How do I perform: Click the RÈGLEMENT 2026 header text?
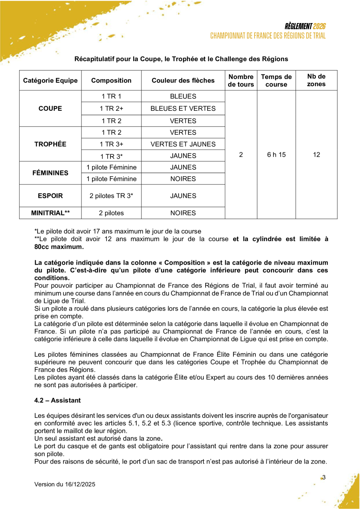pos(305,27)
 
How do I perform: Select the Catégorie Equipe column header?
pos(50,81)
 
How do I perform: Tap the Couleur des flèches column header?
pos(183,81)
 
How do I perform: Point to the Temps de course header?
pos(276,81)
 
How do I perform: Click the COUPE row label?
pos(50,108)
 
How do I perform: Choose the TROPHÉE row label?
pos(50,144)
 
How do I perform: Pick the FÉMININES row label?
pos(50,173)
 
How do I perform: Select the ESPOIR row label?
pos(50,196)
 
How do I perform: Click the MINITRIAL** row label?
pos(50,213)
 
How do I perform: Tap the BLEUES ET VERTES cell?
pos(183,108)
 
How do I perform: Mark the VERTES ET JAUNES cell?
pos(183,144)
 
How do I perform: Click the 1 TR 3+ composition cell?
pos(111,144)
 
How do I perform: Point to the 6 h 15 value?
pos(276,155)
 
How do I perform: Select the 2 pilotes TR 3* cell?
pos(111,196)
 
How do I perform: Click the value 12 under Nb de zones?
pos(316,155)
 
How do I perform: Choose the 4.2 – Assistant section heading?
pos(58,400)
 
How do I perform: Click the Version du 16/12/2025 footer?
pos(65,484)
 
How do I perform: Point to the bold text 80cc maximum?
pos(59,247)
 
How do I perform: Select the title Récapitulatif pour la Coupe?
pos(181,59)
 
